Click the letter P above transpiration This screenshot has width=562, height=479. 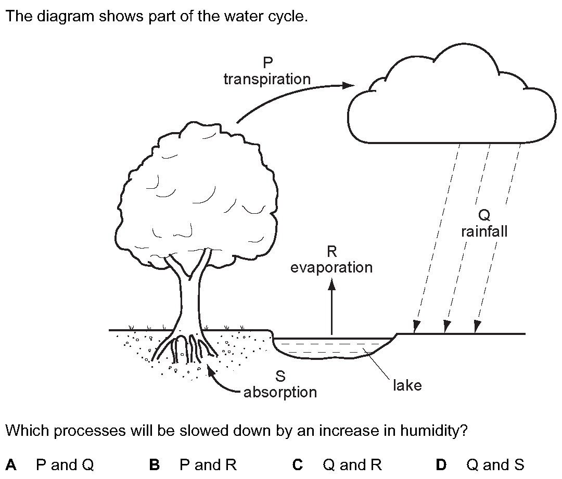pyautogui.click(x=267, y=63)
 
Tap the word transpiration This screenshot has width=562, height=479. pyautogui.click(x=267, y=79)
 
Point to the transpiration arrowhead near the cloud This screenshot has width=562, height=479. pyautogui.click(x=348, y=86)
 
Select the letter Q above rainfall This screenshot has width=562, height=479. pyautogui.click(x=484, y=215)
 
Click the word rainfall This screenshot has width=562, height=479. pyautogui.click(x=484, y=232)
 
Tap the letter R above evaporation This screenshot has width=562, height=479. pyautogui.click(x=332, y=252)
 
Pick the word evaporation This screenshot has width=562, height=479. pyautogui.click(x=331, y=268)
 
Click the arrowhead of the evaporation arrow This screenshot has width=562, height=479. pyautogui.click(x=332, y=285)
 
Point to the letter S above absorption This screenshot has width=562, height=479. pyautogui.click(x=280, y=376)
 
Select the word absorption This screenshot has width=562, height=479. pyautogui.click(x=280, y=392)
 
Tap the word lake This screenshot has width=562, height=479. pyautogui.click(x=407, y=385)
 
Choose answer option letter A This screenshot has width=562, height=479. pyautogui.click(x=11, y=465)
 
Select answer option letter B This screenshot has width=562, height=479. pyautogui.click(x=154, y=465)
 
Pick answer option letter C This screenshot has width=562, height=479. pyautogui.click(x=298, y=465)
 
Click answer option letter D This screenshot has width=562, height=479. pyautogui.click(x=441, y=465)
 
